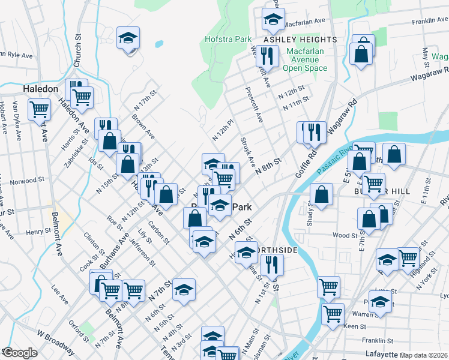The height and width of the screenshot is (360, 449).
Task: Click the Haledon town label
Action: [40, 88]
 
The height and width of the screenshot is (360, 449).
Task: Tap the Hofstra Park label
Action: [235, 39]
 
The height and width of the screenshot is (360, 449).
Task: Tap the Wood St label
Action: [345, 236]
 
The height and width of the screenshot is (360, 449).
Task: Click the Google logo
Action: [20, 353]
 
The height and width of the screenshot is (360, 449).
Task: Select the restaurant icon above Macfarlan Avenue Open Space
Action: [266, 56]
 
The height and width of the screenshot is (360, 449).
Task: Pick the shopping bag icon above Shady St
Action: [322, 194]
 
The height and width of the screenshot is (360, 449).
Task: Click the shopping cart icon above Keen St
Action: [333, 313]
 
